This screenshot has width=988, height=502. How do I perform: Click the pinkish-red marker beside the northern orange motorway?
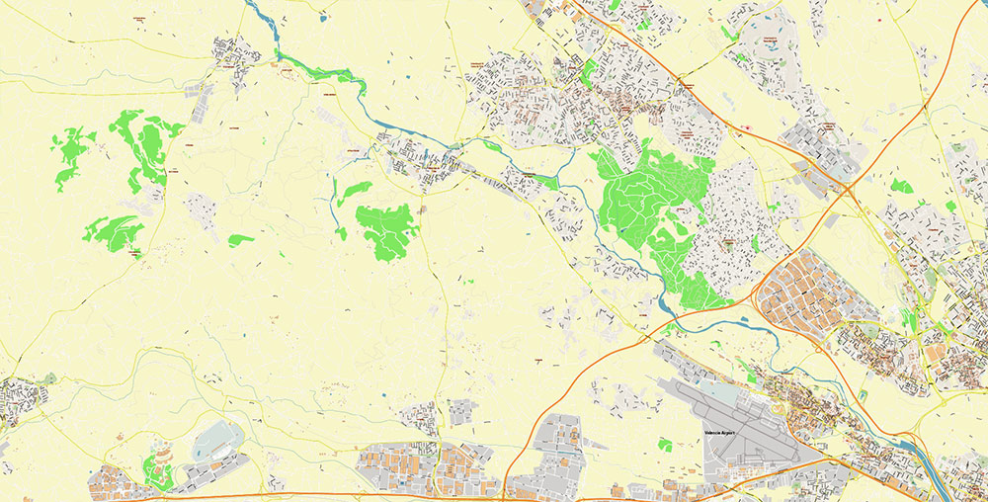(748, 127)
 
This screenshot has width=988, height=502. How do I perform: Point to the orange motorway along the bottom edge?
(296, 494)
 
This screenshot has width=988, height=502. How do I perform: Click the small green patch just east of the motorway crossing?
(901, 185)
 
